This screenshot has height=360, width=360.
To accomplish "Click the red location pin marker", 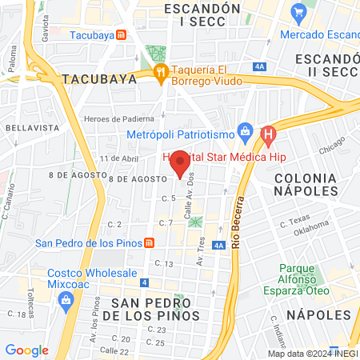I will tap(181, 162).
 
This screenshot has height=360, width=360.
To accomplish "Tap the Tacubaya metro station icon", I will tap(121, 35).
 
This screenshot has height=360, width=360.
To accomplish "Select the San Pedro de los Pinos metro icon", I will tap(149, 243).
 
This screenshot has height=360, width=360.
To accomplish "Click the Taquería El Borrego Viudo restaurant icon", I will tap(162, 72).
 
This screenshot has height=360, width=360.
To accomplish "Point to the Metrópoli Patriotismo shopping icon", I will tap(247, 131).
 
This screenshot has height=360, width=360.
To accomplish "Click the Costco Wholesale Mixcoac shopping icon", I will tap(66, 299).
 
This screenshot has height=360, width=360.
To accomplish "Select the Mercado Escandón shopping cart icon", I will tap(299, 12).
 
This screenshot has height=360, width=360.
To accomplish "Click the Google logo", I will tap(26, 350).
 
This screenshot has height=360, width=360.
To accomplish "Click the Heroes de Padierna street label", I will tap(117, 119).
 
